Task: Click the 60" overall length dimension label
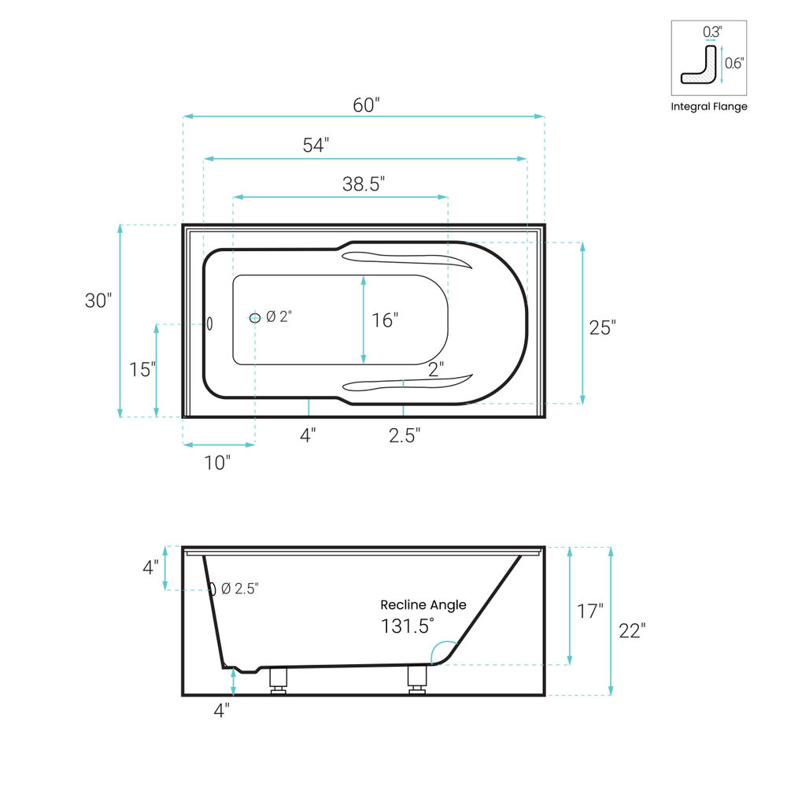click(x=366, y=105)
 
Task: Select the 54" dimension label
click(x=316, y=145)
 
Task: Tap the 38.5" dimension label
click(x=364, y=183)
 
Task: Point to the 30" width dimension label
click(x=98, y=300)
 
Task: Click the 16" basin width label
click(x=385, y=320)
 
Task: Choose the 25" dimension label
click(x=602, y=327)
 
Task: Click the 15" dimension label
click(x=142, y=369)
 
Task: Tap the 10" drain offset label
click(x=217, y=462)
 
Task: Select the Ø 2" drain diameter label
click(x=279, y=316)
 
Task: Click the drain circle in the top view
click(x=255, y=318)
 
